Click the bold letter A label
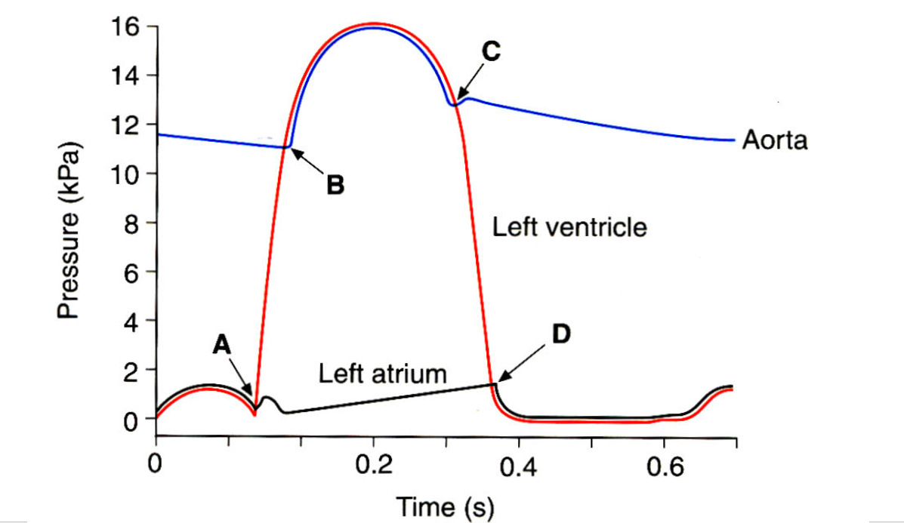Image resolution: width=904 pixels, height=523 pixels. tap(221, 345)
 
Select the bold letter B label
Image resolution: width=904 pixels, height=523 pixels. tap(335, 184)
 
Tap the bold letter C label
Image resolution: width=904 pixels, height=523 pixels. tap(490, 51)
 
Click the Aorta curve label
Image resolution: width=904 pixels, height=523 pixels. tap(774, 140)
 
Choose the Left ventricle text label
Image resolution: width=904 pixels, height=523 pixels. tap(569, 226)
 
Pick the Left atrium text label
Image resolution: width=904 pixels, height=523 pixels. tap(382, 373)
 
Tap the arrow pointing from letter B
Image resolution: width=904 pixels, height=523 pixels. tap(309, 162)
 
